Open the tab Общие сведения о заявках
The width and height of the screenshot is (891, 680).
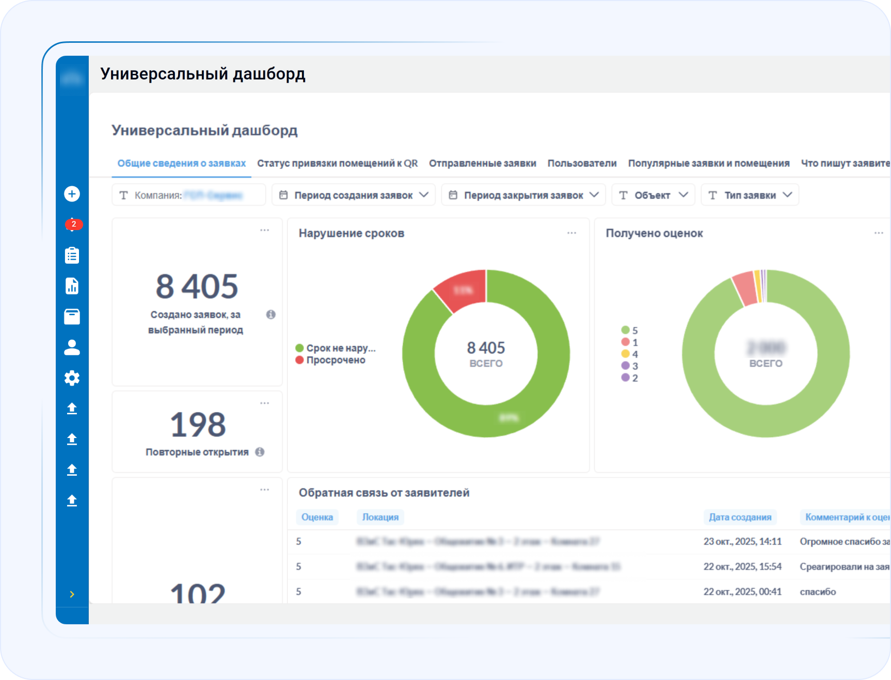pyautogui.click(x=181, y=164)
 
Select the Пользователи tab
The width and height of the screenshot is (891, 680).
pyautogui.click(x=582, y=164)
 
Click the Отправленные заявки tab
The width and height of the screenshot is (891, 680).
pyautogui.click(x=482, y=164)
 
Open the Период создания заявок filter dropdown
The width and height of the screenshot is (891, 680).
pyautogui.click(x=354, y=195)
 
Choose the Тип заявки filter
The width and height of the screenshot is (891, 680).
pyautogui.click(x=750, y=195)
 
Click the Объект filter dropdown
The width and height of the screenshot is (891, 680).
pyautogui.click(x=653, y=195)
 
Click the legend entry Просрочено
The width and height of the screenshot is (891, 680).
pyautogui.click(x=336, y=360)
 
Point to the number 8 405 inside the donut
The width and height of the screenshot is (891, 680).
pyautogui.click(x=486, y=348)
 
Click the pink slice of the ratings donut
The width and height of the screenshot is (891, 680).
pyautogui.click(x=744, y=288)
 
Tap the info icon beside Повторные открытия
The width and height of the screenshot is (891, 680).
pyautogui.click(x=260, y=452)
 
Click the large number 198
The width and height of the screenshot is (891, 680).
pyautogui.click(x=198, y=425)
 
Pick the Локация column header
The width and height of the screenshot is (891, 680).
pyautogui.click(x=380, y=517)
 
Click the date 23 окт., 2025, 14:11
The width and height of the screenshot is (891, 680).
pyautogui.click(x=742, y=541)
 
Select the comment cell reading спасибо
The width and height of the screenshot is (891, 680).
pyautogui.click(x=818, y=592)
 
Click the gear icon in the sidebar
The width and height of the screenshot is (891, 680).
pyautogui.click(x=72, y=378)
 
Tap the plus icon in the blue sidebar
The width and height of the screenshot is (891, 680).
pyautogui.click(x=72, y=194)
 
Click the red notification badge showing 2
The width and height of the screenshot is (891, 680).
pyautogui.click(x=73, y=224)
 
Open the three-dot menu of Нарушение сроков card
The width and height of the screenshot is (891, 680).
pyautogui.click(x=571, y=233)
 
